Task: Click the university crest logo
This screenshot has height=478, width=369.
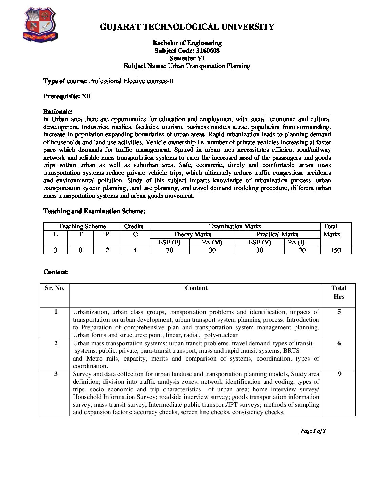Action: pyautogui.click(x=40, y=25)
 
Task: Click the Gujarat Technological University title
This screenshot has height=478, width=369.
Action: pyautogui.click(x=187, y=27)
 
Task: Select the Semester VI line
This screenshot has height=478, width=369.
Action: pyautogui.click(x=187, y=58)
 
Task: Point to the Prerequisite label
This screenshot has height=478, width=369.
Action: pyautogui.click(x=62, y=96)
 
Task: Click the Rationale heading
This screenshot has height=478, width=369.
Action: pyautogui.click(x=58, y=112)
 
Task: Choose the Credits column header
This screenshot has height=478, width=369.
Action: pyautogui.click(x=134, y=226)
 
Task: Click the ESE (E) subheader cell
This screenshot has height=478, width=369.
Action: pyautogui.click(x=169, y=242)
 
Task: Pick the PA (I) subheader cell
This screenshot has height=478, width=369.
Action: pyautogui.click(x=296, y=242)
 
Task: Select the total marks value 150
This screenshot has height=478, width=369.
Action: pyautogui.click(x=336, y=250)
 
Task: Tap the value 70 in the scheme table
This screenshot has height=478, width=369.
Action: pyautogui.click(x=169, y=250)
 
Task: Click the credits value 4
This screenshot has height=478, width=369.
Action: pyautogui.click(x=135, y=250)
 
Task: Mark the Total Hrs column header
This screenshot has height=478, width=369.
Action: pyautogui.click(x=339, y=292)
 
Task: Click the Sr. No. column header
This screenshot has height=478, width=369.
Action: pyautogui.click(x=55, y=288)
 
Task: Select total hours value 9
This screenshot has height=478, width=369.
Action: pyautogui.click(x=339, y=374)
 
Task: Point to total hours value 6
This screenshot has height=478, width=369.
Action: pyautogui.click(x=339, y=343)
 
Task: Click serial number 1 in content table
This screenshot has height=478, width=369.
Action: pyautogui.click(x=56, y=312)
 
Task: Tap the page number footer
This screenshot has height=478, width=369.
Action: pyautogui.click(x=313, y=431)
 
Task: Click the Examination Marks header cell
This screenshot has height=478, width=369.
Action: pyautogui.click(x=235, y=226)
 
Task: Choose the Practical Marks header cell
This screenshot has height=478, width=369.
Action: pyautogui.click(x=277, y=234)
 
